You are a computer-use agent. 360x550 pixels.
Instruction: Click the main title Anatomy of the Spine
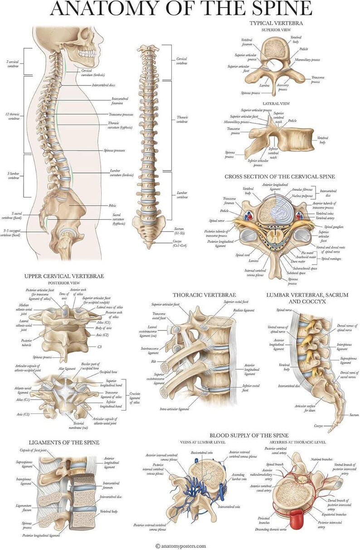pyautogui.click(x=180, y=9)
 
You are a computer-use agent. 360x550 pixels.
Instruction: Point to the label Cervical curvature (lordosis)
pyautogui.click(x=93, y=73)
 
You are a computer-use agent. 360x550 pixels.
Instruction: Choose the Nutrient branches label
pyautogui.click(x=322, y=460)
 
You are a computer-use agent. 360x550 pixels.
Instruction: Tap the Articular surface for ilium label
pyautogui.click(x=297, y=408)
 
